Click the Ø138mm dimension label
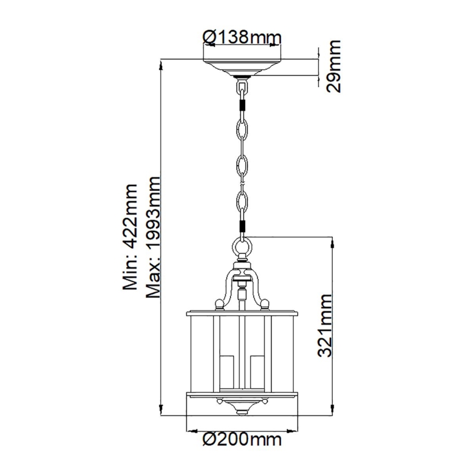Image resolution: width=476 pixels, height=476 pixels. (x=241, y=37)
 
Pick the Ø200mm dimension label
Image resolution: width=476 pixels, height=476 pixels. (x=241, y=439)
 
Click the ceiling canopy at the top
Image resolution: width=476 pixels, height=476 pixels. (x=241, y=67)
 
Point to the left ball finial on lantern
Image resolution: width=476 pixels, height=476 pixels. (x=219, y=302)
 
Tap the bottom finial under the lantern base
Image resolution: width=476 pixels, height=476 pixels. (x=242, y=411)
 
